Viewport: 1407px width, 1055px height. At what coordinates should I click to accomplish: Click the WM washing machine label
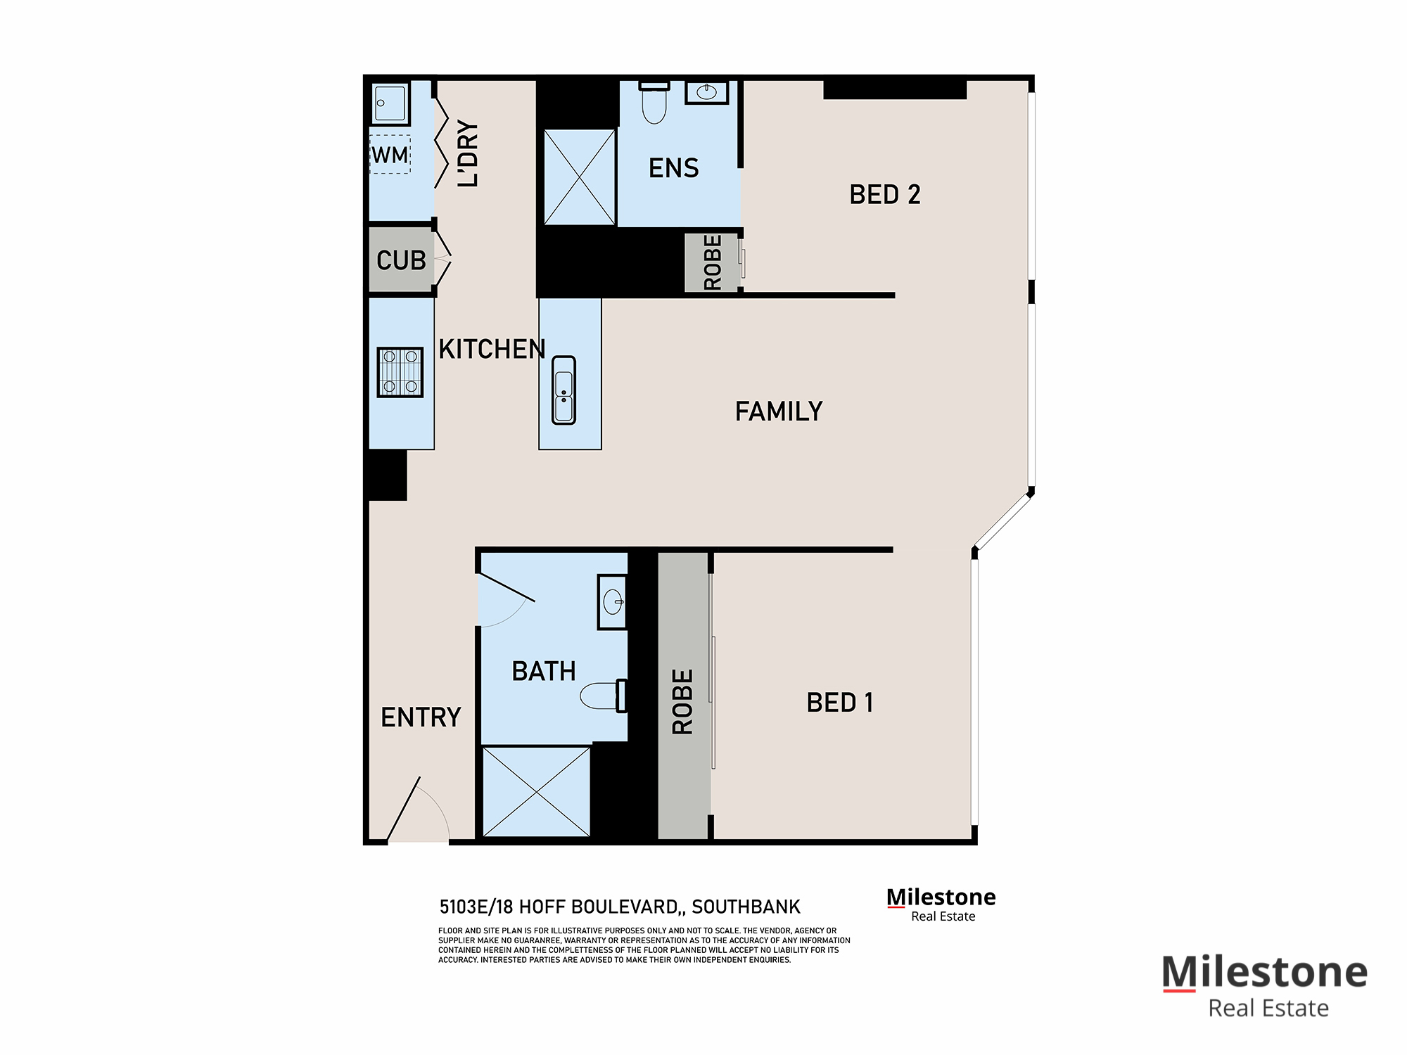point(390,155)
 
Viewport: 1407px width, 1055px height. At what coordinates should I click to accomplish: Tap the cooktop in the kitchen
point(400,372)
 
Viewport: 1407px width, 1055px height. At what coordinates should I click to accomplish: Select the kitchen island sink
point(564,390)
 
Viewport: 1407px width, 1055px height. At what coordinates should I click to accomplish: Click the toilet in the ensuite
point(654,104)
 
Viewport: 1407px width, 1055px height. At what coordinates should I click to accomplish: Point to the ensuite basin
point(706,92)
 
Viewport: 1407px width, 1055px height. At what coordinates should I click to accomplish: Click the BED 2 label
point(884,195)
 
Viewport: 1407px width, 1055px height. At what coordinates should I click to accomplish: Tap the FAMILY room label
point(779,411)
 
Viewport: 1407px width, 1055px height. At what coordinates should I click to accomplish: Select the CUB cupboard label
point(401,261)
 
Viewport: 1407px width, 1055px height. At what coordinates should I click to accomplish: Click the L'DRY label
point(468,153)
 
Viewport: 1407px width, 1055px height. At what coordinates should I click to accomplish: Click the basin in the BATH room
point(613,601)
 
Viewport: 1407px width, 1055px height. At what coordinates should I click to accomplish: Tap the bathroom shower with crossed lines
point(536,792)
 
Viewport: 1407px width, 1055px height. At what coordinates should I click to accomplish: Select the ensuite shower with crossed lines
point(580,177)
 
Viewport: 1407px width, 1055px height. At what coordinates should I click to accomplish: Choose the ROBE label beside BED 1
point(682,701)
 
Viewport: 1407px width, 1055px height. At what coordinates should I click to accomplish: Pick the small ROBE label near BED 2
point(712,262)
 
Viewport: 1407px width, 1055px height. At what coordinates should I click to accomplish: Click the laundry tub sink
point(390,103)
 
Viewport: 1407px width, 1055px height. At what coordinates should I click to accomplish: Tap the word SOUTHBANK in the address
point(746,907)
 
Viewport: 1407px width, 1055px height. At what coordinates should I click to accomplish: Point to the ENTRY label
point(421,717)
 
